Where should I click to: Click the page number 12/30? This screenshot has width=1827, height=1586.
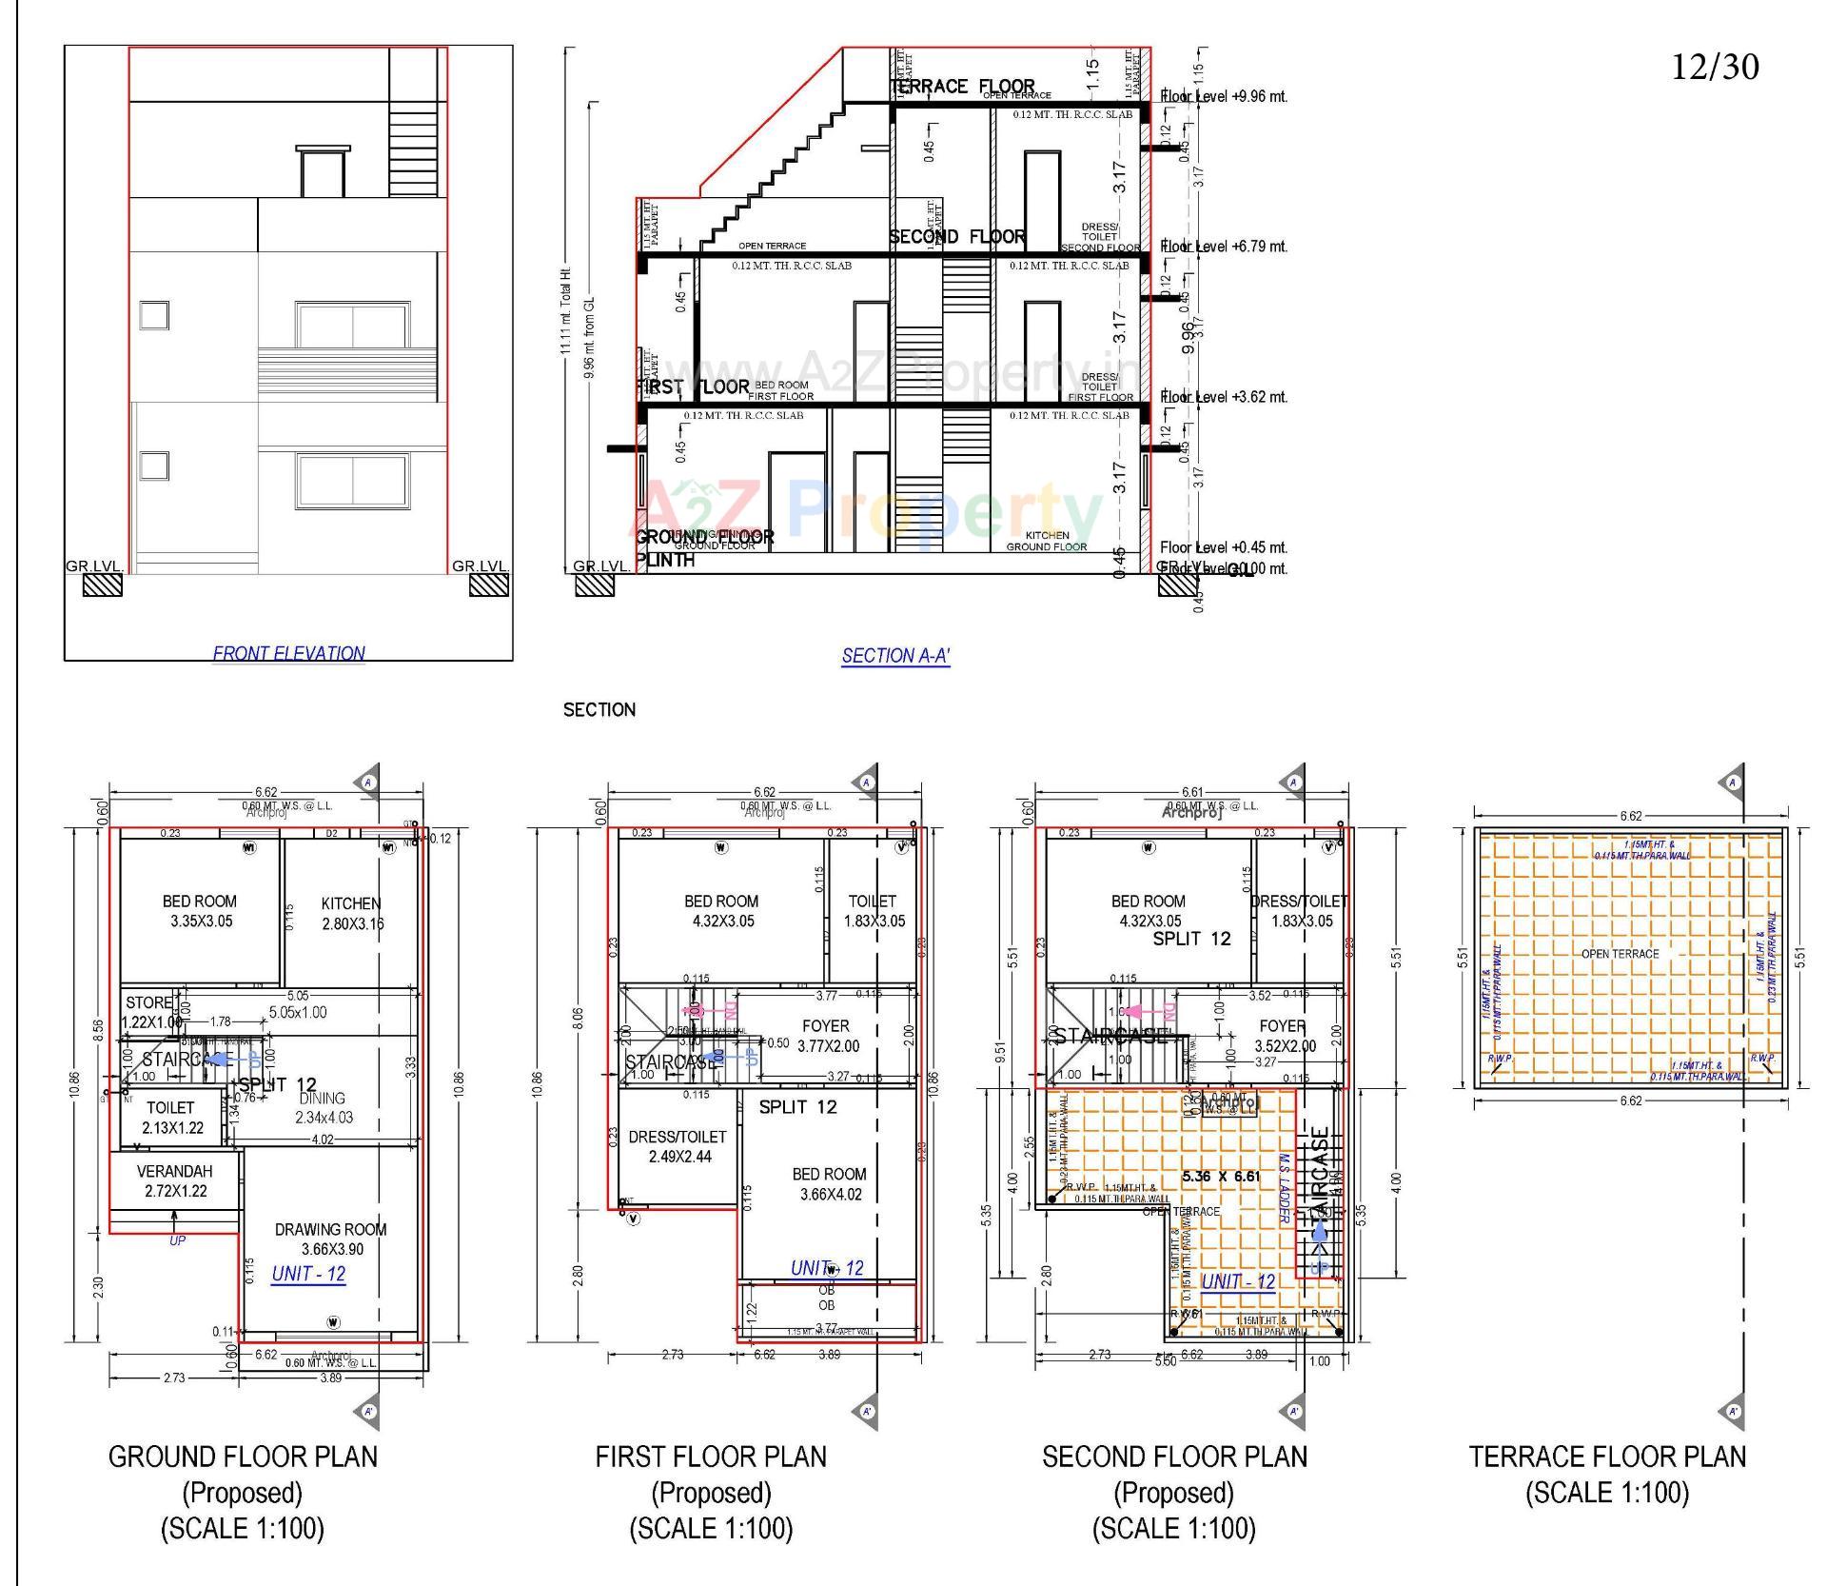click(1715, 67)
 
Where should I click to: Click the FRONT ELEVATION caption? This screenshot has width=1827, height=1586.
click(288, 653)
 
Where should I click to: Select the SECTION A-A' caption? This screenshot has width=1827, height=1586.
click(895, 656)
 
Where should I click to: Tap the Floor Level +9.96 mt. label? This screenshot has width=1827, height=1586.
click(1224, 96)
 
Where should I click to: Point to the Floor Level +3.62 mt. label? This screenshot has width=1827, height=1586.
click(1224, 397)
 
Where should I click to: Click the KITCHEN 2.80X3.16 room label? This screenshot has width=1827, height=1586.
click(351, 913)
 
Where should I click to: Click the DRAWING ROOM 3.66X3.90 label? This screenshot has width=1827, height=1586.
click(330, 1239)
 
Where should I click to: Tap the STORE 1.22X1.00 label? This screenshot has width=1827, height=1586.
click(149, 1012)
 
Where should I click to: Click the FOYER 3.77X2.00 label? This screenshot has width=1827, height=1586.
click(826, 1036)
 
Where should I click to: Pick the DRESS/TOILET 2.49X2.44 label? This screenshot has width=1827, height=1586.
click(678, 1146)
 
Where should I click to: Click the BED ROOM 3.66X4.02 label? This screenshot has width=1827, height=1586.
click(829, 1184)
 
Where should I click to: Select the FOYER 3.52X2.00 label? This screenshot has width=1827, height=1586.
click(1284, 1036)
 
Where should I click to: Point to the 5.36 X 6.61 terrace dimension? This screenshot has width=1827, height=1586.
click(1221, 1177)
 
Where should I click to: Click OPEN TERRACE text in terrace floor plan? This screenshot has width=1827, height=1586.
click(1620, 954)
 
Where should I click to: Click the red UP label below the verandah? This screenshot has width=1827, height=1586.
click(177, 1240)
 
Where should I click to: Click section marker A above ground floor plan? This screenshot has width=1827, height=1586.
click(368, 783)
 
